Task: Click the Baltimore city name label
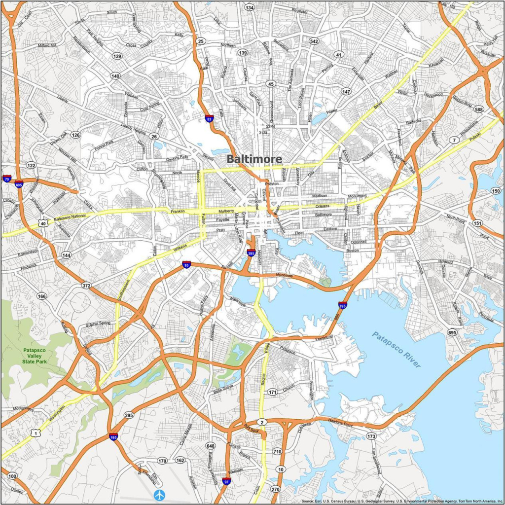coord(254,159)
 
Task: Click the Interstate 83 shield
coord(209,118)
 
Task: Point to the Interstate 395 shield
coord(251,253)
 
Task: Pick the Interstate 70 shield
coord(7,179)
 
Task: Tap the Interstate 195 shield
coord(113,436)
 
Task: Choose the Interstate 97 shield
coord(226,481)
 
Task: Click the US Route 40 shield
coord(43,224)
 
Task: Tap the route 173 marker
coord(371,436)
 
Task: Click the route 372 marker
coord(87,286)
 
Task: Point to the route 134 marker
coord(250,7)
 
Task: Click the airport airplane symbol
coord(159,494)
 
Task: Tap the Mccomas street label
coord(285,275)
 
